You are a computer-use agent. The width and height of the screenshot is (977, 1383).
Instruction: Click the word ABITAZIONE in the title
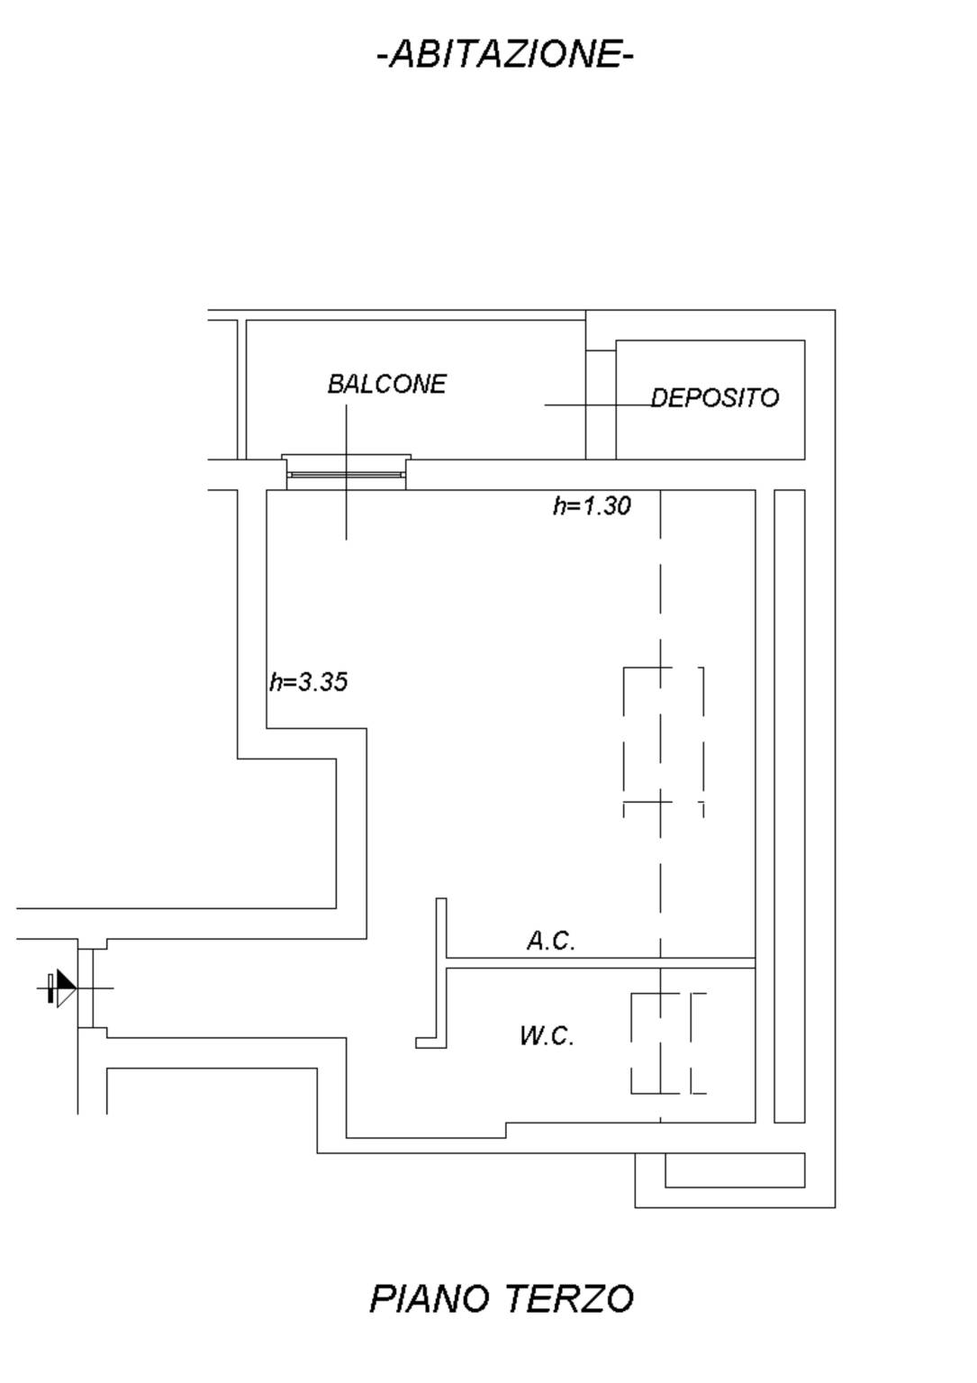click(x=505, y=54)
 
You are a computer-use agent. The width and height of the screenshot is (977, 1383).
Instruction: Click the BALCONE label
click(x=387, y=384)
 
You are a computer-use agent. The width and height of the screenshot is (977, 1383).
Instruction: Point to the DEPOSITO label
click(x=715, y=397)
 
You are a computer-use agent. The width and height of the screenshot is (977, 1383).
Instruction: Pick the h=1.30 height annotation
click(x=592, y=506)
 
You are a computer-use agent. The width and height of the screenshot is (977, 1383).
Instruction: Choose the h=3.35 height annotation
click(x=309, y=682)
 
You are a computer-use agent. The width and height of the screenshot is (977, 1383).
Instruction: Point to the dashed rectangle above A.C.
click(x=664, y=742)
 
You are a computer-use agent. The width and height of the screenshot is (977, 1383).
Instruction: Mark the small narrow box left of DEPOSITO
click(x=601, y=405)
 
